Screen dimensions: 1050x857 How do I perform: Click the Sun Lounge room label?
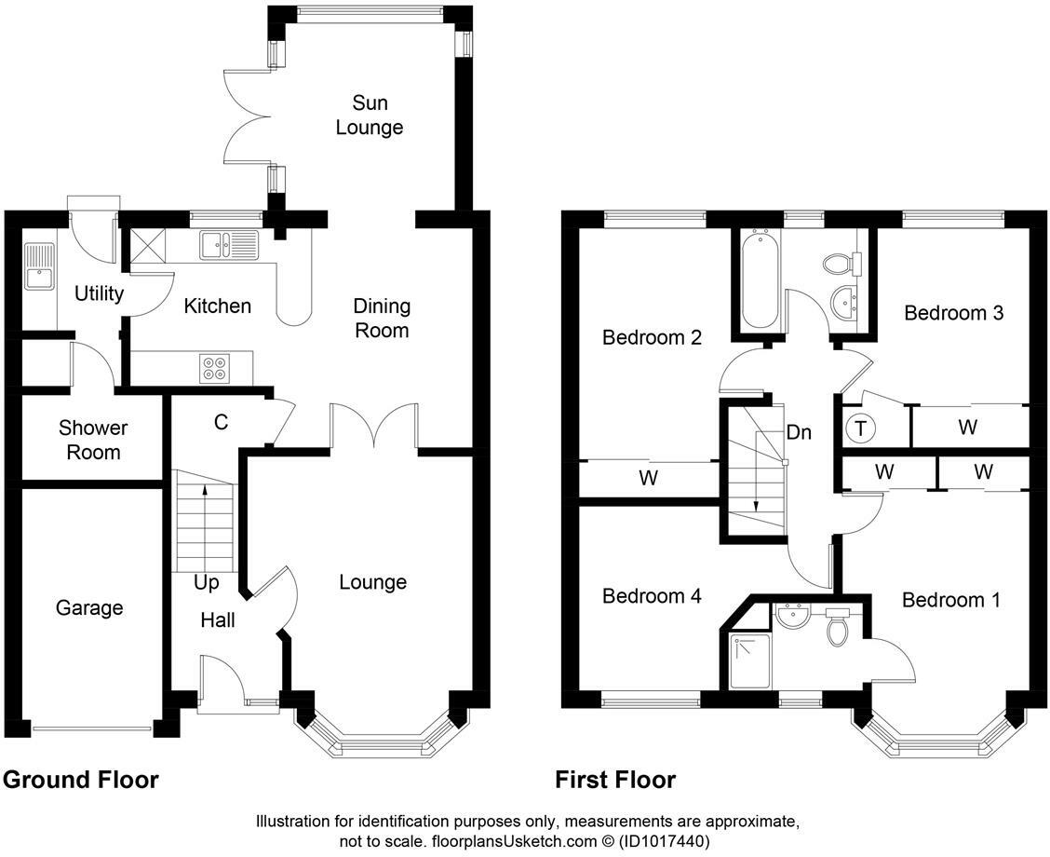[370, 115]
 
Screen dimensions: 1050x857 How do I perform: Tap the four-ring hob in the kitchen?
[214, 369]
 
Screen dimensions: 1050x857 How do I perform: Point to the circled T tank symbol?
[860, 428]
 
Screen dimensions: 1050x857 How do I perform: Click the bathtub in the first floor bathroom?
[760, 279]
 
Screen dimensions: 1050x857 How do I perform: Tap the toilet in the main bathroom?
[840, 263]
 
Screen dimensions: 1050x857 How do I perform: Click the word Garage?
[89, 607]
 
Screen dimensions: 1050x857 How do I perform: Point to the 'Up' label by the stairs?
[207, 583]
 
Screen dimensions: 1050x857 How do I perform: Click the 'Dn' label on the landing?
[800, 432]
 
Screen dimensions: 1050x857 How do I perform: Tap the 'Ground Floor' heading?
[80, 780]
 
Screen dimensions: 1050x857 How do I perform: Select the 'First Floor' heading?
[615, 780]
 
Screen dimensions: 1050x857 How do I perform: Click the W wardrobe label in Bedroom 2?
[649, 479]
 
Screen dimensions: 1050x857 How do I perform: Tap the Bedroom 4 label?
[652, 595]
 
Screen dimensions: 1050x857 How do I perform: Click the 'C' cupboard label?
[221, 422]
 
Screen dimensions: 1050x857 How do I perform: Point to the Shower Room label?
[93, 440]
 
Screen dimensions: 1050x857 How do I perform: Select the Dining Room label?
[382, 318]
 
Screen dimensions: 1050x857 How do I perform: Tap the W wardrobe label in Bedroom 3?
[968, 428]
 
